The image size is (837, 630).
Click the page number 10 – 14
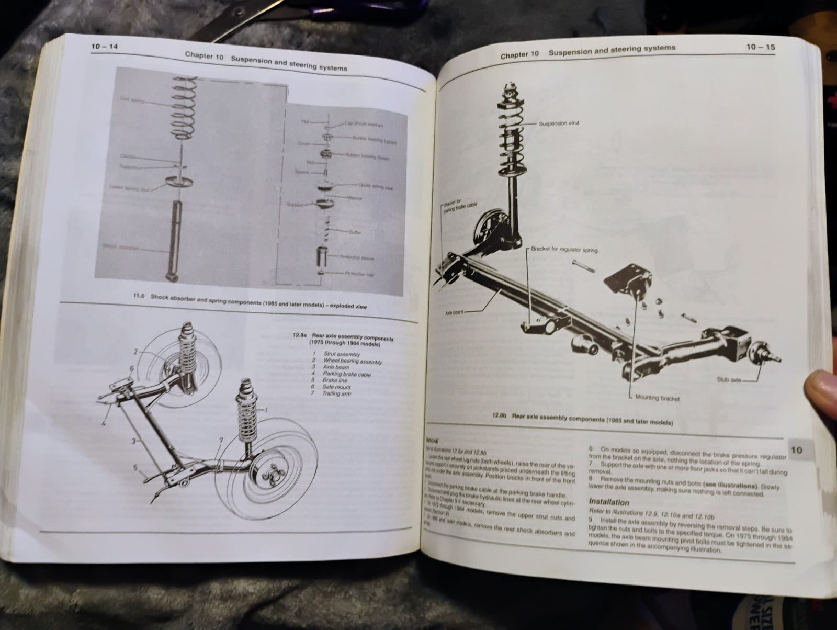point(105,47)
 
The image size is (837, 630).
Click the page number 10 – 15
point(761,47)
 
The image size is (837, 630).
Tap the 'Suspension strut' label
point(559,124)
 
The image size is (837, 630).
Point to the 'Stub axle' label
point(728,379)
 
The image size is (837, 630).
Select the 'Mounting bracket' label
point(657,398)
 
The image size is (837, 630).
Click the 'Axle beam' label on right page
point(454,312)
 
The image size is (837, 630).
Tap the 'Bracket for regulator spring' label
point(564,250)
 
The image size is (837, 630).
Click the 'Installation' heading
point(609,502)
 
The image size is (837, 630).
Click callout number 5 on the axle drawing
point(135,469)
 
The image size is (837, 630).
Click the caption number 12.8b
point(500,417)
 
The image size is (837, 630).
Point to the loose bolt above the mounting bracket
point(582,265)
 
